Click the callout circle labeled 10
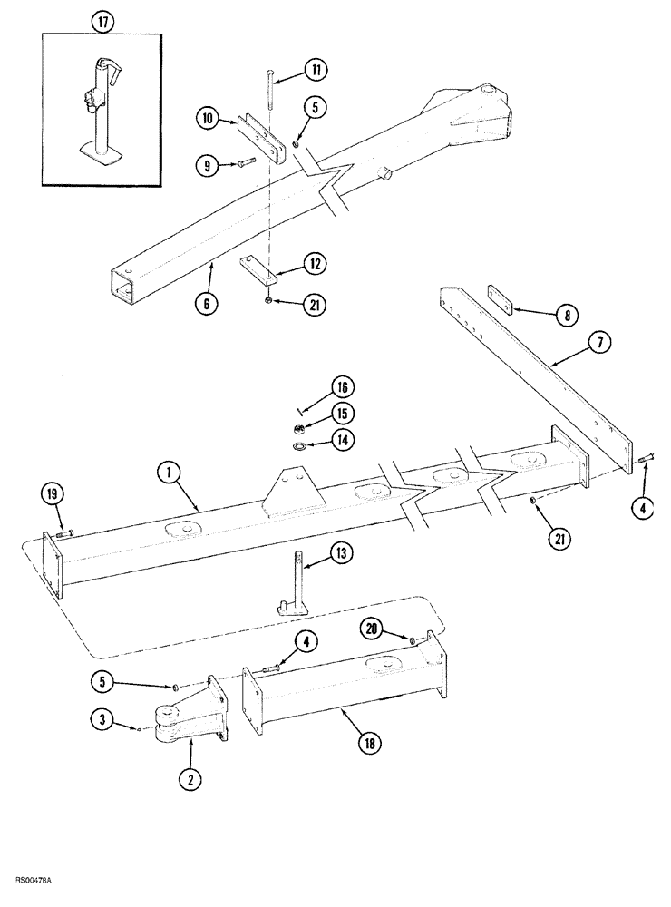click(x=206, y=118)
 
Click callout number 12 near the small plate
click(x=314, y=264)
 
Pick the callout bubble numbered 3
click(x=102, y=721)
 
